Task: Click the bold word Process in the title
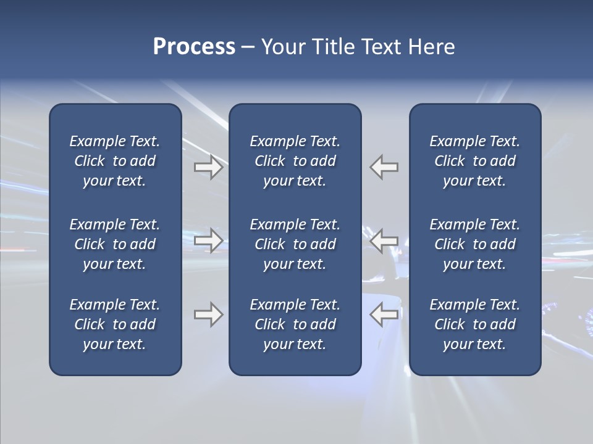(x=194, y=47)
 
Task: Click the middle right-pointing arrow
(x=208, y=240)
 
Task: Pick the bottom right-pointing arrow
(x=208, y=314)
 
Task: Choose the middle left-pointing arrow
(x=384, y=240)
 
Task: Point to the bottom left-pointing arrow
(x=384, y=314)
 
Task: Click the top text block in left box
(x=115, y=161)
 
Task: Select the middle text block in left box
(x=115, y=244)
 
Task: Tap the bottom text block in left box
(x=115, y=324)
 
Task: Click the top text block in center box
(x=295, y=161)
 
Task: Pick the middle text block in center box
(x=295, y=244)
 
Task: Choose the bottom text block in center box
(x=295, y=324)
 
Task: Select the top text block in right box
(x=474, y=161)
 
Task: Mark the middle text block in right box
(x=474, y=244)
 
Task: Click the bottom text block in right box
(x=474, y=324)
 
